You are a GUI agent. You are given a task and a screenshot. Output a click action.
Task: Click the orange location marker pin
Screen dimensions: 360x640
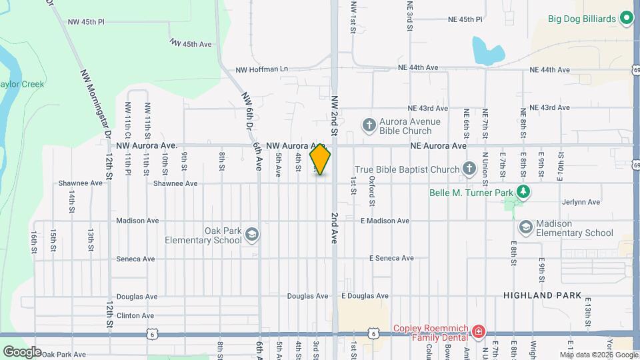(320, 159)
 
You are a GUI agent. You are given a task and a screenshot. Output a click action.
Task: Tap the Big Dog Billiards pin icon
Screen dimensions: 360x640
(626, 18)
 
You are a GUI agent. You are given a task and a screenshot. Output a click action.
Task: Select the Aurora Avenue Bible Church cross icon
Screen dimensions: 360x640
(369, 125)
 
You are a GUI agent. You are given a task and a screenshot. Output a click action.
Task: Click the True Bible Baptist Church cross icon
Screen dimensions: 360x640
(469, 169)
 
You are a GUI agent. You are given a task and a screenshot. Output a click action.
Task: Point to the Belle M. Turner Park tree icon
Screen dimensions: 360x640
(524, 193)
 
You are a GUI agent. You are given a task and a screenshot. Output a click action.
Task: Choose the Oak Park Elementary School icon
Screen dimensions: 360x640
(252, 234)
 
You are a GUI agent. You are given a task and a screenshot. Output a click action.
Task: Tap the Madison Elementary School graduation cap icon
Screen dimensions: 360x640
(525, 227)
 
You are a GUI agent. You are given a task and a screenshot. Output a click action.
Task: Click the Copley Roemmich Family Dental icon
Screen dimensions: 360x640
(478, 331)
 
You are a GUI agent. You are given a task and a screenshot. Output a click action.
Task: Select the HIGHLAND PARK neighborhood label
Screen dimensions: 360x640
(543, 295)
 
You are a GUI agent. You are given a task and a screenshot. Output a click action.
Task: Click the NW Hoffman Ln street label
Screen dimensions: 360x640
(262, 69)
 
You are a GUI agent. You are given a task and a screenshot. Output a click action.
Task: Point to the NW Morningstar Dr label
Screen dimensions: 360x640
(95, 103)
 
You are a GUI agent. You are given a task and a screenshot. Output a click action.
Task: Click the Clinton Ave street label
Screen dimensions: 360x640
(135, 315)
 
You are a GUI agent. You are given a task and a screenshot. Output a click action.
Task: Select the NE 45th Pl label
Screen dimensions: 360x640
(465, 19)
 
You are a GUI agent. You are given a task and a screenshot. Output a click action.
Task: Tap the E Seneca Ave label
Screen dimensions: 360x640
(391, 258)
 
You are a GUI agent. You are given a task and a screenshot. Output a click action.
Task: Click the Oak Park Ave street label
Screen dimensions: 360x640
(64, 355)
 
